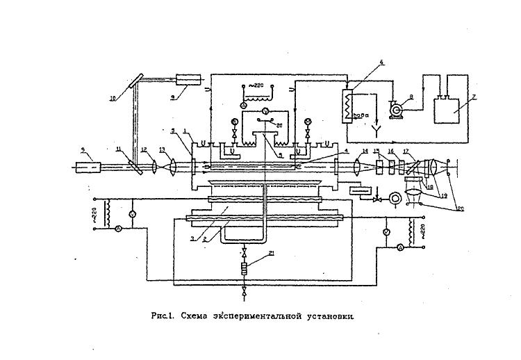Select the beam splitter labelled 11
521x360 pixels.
pyautogui.click(x=135, y=167)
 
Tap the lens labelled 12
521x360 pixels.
pyautogui.click(x=154, y=167)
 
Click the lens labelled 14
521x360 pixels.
pyautogui.click(x=356, y=167)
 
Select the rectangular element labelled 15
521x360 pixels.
pyautogui.click(x=379, y=167)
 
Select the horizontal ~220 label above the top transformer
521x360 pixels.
pyautogui.click(x=258, y=84)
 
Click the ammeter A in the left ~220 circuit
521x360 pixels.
pyautogui.click(x=119, y=228)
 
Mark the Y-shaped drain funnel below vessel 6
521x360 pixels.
pyautogui.click(x=375, y=128)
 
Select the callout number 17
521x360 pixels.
pyautogui.click(x=407, y=151)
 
